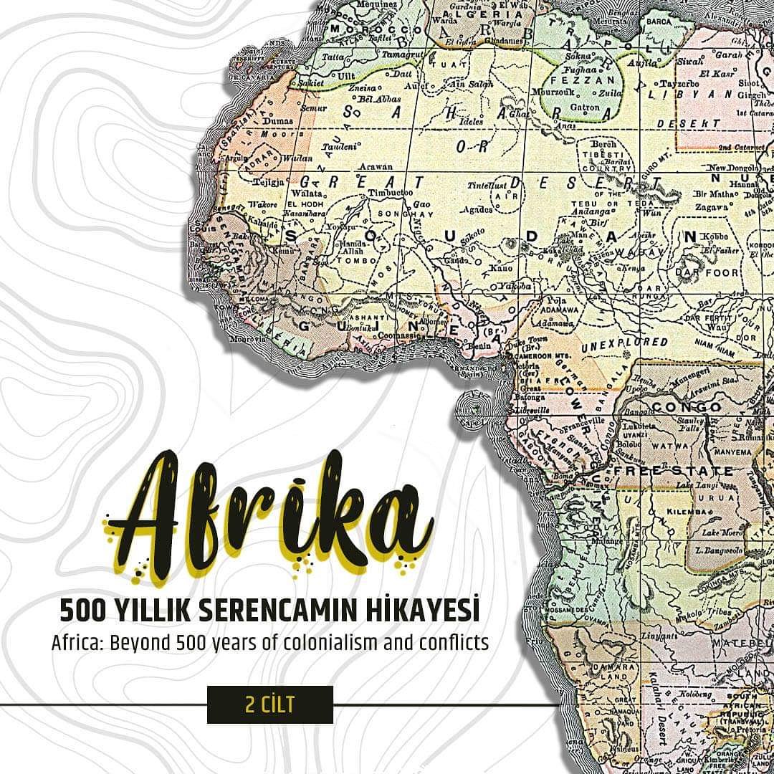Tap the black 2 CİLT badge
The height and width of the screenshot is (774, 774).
[x=269, y=704]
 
